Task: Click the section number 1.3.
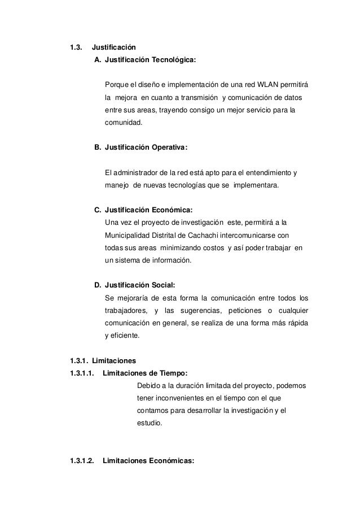pyautogui.click(x=75, y=46)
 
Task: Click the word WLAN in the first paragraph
pyautogui.click(x=271, y=85)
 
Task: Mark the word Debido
pyautogui.click(x=148, y=386)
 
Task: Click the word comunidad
pyautogui.click(x=124, y=123)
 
